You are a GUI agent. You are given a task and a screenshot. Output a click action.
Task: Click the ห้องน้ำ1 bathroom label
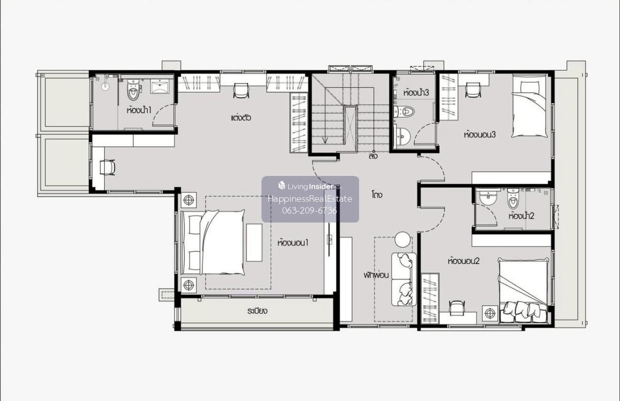(x=139, y=110)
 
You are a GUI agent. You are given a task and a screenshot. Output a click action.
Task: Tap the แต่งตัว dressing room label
(x=241, y=118)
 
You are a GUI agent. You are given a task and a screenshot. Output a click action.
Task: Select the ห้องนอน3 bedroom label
(x=479, y=135)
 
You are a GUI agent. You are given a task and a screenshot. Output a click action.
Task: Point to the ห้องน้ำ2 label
(x=521, y=216)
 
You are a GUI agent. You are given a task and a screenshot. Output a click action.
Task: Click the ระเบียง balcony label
(x=257, y=311)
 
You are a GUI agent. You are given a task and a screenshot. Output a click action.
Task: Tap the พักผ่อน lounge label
(x=376, y=275)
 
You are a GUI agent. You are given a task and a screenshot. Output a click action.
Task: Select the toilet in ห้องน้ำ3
(x=405, y=112)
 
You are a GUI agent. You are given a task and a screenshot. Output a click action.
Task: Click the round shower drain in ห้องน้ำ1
(x=105, y=86)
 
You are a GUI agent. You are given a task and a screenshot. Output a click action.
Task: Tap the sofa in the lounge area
(x=404, y=279)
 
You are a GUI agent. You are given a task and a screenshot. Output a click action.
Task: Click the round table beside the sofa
(x=402, y=240)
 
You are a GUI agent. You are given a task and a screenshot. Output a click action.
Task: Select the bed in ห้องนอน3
(x=530, y=107)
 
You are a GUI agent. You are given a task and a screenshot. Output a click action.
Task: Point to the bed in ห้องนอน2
(x=523, y=290)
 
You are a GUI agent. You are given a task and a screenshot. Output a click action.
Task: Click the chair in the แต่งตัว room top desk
(x=241, y=91)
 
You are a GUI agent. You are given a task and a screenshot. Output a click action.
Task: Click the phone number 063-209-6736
(x=309, y=211)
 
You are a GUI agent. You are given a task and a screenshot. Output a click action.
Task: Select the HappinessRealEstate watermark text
(x=310, y=199)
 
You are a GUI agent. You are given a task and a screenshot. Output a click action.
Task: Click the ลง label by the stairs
(x=373, y=156)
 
